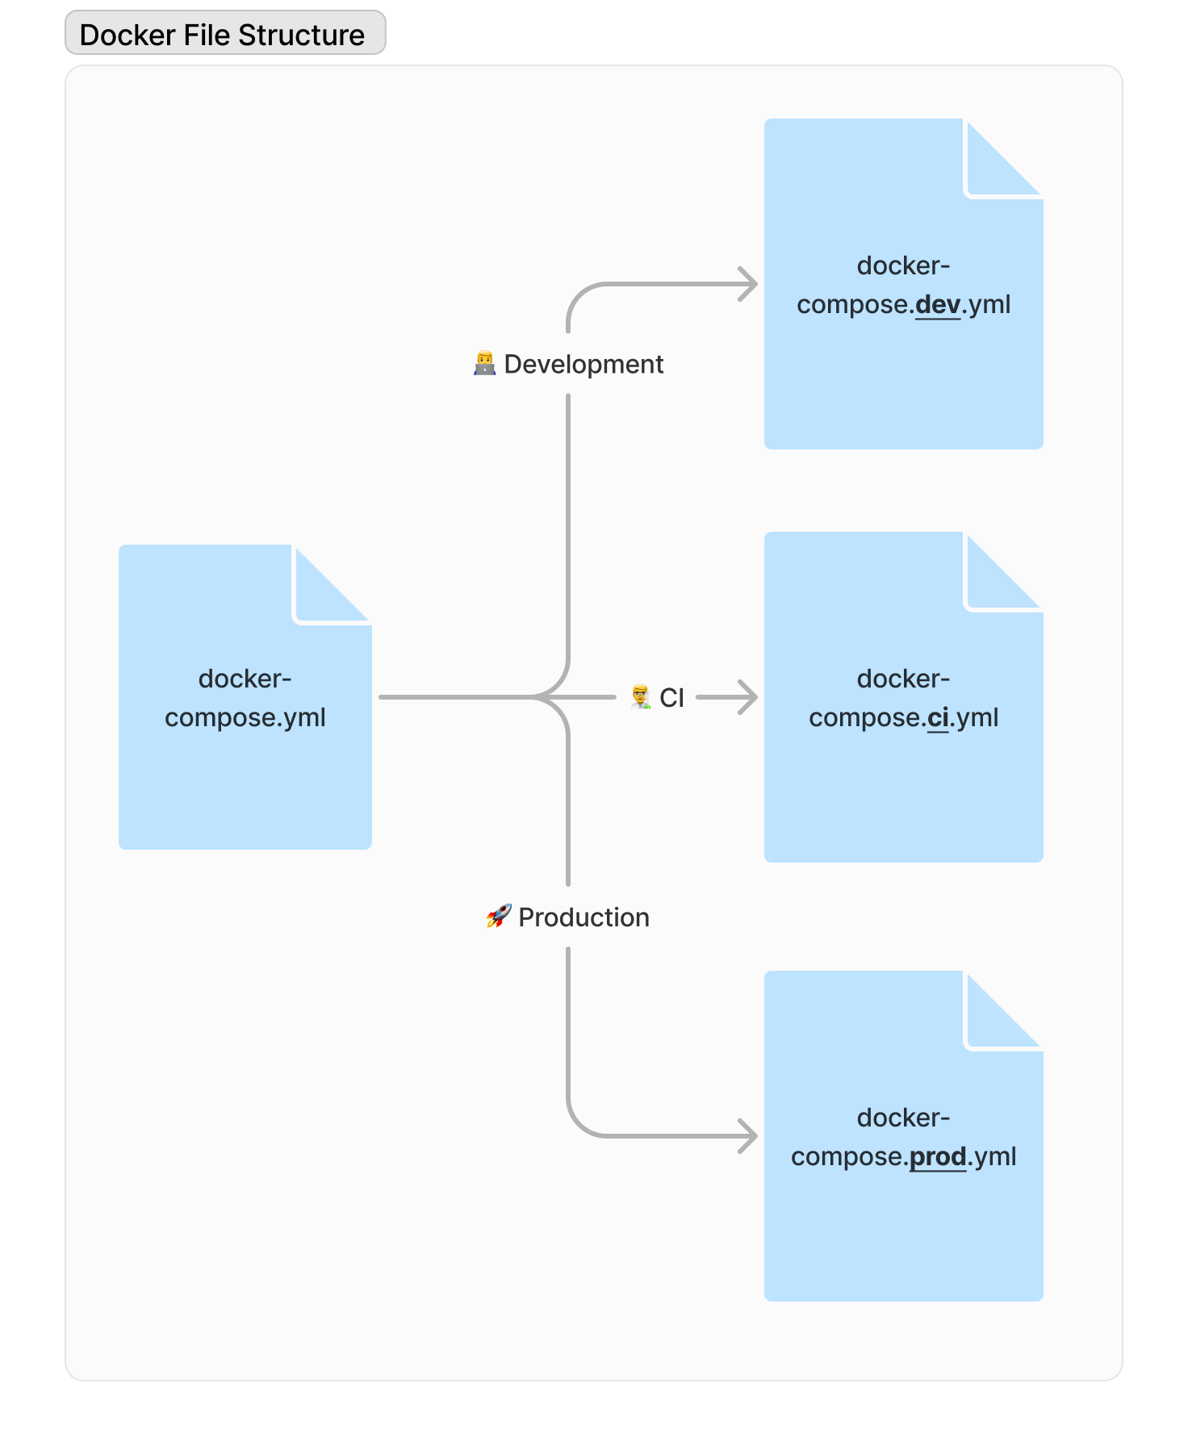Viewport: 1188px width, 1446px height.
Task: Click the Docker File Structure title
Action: click(222, 35)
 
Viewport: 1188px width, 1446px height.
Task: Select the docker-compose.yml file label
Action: click(245, 698)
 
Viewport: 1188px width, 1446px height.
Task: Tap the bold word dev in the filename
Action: click(938, 305)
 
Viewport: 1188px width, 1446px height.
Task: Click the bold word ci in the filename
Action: click(938, 718)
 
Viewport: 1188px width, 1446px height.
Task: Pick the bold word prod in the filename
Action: click(938, 1157)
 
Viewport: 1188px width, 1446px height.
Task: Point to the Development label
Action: click(584, 365)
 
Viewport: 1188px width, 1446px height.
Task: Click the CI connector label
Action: click(671, 698)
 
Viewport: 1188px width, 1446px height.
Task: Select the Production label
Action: click(584, 917)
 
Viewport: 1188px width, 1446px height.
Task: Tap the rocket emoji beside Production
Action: click(499, 917)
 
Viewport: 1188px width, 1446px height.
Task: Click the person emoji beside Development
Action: click(484, 364)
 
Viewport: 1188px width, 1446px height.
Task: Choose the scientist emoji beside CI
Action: click(641, 697)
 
